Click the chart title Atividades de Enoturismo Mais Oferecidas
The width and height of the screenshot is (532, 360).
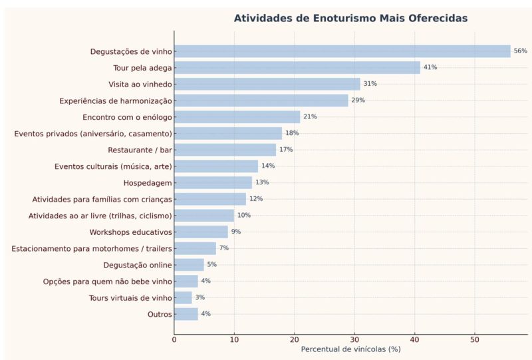tap(350, 18)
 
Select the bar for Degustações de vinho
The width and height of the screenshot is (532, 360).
tap(342, 51)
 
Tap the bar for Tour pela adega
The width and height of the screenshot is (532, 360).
tap(297, 67)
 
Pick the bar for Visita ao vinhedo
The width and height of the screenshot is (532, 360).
tap(267, 84)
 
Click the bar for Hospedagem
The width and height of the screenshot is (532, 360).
tap(213, 182)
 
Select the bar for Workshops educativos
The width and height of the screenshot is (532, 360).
tap(201, 232)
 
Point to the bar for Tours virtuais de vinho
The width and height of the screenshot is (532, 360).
tap(183, 297)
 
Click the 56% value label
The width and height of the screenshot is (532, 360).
tap(520, 51)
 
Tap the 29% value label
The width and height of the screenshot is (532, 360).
tap(358, 100)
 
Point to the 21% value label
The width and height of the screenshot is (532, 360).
tap(310, 116)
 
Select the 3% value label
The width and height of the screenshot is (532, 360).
tap(199, 297)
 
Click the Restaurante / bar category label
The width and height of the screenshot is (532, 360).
tap(140, 150)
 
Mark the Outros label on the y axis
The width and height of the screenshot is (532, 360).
tap(160, 314)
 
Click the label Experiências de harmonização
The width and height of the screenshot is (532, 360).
tap(116, 100)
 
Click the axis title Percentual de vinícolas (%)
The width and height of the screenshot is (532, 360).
tap(350, 349)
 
